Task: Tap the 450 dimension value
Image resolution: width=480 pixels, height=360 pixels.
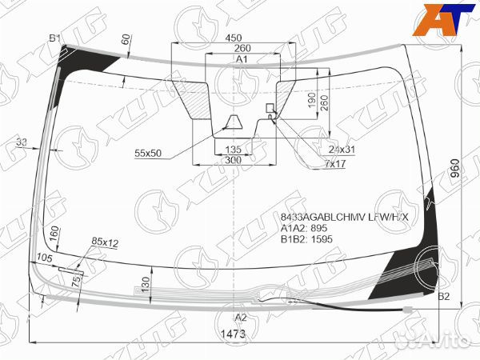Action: pos(234,38)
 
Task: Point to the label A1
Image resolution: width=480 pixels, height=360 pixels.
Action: pos(241,60)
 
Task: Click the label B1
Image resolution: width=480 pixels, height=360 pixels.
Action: pos(54,38)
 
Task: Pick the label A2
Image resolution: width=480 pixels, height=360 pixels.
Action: pos(241,317)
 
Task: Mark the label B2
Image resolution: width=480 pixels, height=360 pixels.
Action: pos(446,298)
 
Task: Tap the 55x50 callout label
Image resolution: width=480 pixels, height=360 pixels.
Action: pos(148,152)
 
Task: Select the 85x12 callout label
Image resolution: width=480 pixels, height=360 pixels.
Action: pos(105,241)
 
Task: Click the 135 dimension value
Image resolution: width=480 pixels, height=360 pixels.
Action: pos(234,150)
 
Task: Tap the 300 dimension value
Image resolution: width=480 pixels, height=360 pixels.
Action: pos(234,161)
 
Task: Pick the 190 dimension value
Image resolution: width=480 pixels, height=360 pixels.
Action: pos(310,98)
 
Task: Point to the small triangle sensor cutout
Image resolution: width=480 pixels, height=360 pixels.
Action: pos(234,122)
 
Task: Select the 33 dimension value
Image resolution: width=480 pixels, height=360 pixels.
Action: pos(21,142)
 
